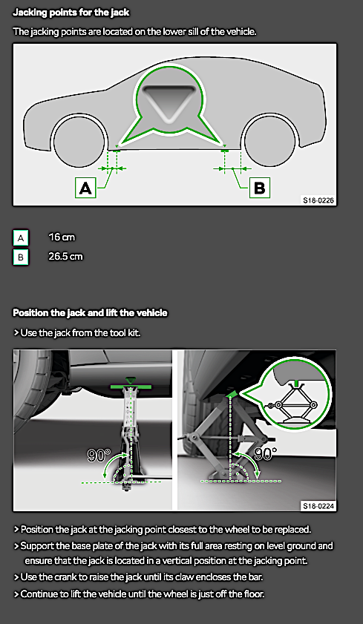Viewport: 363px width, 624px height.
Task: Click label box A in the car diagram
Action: [x=86, y=188]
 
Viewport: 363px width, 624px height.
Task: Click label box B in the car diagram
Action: [x=259, y=188]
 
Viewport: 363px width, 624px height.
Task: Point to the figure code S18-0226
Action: [x=318, y=200]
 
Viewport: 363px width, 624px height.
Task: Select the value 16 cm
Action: [x=62, y=237]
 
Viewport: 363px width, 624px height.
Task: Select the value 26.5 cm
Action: [x=65, y=257]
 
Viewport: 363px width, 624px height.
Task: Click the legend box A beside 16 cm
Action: [x=21, y=237]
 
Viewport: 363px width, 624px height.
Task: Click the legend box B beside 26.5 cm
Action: [x=21, y=257]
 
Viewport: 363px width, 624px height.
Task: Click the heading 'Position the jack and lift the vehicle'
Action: [x=90, y=313]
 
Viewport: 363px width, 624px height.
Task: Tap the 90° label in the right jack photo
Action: [x=265, y=453]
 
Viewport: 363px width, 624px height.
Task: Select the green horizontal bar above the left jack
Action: [x=131, y=387]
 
